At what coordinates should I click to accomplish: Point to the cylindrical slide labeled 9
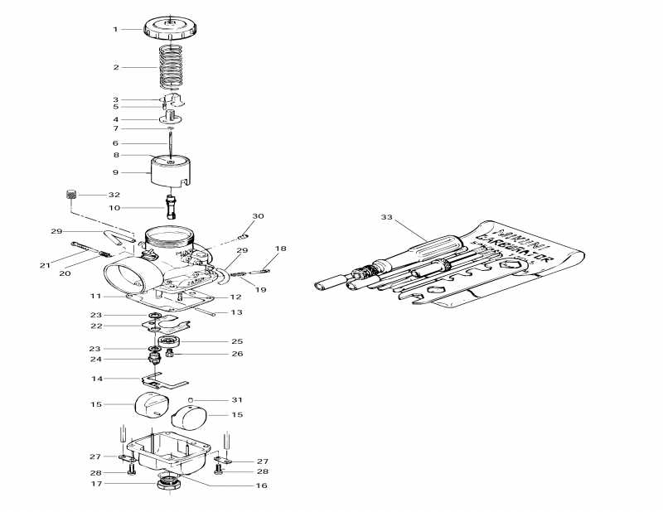171,172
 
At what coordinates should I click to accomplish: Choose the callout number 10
114,207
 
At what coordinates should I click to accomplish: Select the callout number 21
44,265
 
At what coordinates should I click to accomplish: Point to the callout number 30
258,215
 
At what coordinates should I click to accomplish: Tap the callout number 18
281,249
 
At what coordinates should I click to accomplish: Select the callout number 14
96,379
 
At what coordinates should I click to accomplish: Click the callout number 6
116,142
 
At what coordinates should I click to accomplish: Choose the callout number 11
96,296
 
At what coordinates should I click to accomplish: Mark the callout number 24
96,360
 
